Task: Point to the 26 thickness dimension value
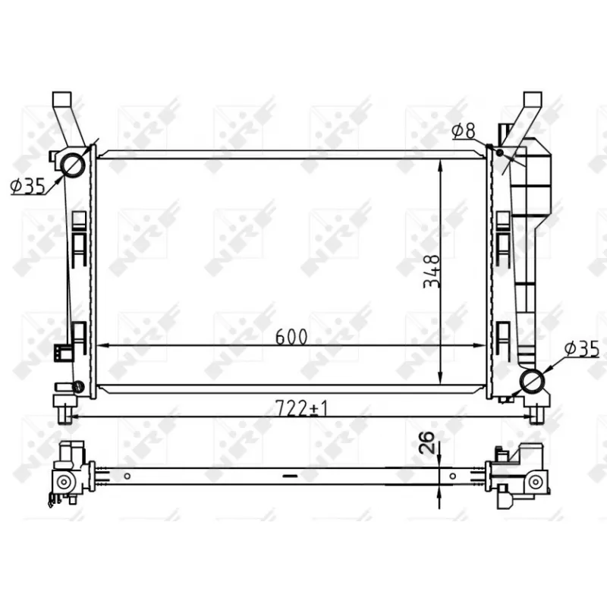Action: coord(426,441)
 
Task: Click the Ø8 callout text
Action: coord(463,131)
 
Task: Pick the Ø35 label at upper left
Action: coord(28,186)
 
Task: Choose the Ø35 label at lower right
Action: coord(581,348)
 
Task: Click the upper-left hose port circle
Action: coord(74,165)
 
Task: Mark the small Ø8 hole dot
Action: coord(500,153)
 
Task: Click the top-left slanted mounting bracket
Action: coord(66,118)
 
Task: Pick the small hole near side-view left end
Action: coord(128,476)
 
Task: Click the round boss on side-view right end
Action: coord(536,480)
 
